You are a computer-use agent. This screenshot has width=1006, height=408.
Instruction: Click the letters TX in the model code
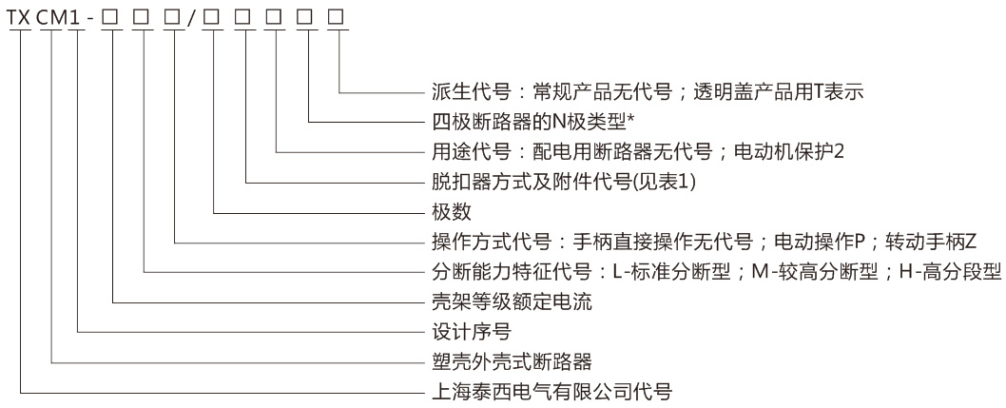tap(20, 18)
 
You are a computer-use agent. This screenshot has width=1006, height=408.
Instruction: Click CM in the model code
tap(52, 18)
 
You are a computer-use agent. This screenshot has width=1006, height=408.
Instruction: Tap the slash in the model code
tap(190, 18)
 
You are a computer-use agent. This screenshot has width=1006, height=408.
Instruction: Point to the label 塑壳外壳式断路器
tap(512, 361)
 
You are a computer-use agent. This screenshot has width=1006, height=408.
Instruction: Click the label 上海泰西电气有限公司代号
tap(552, 391)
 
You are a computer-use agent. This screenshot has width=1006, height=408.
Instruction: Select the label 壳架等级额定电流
tap(512, 301)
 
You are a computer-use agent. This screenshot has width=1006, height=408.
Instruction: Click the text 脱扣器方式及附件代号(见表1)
tap(565, 182)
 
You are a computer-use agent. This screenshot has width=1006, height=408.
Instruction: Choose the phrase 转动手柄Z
tap(931, 242)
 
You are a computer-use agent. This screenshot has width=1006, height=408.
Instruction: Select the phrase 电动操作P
tap(821, 242)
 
